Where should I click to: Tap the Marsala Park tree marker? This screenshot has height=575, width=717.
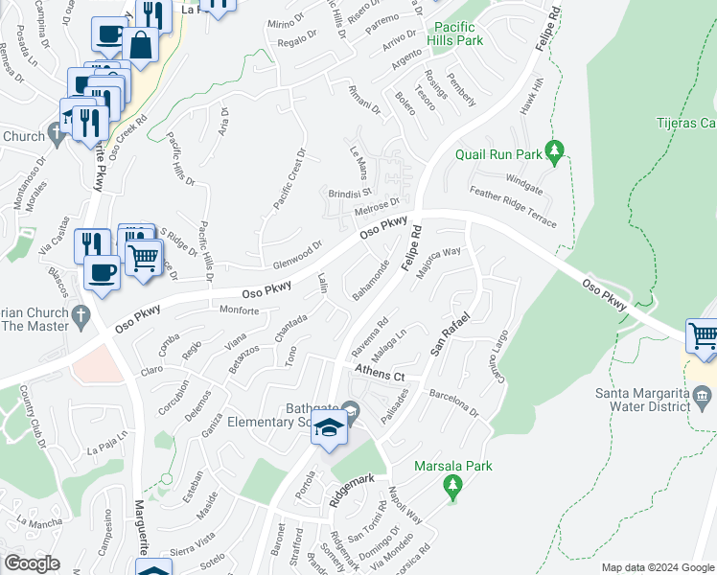coord(452,488)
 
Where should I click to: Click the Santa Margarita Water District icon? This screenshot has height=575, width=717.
coord(702,395)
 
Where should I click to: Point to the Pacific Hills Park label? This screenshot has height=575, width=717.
coord(458,34)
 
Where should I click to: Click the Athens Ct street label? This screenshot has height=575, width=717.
coord(380,372)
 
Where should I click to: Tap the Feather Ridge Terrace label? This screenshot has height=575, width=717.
coord(512,207)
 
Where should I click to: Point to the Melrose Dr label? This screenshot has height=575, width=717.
coord(376,208)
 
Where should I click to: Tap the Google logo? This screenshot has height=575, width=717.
coord(32,563)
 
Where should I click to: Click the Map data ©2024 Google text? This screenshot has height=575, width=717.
coord(658,567)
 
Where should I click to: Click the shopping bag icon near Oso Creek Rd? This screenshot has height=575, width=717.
coord(140,46)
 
